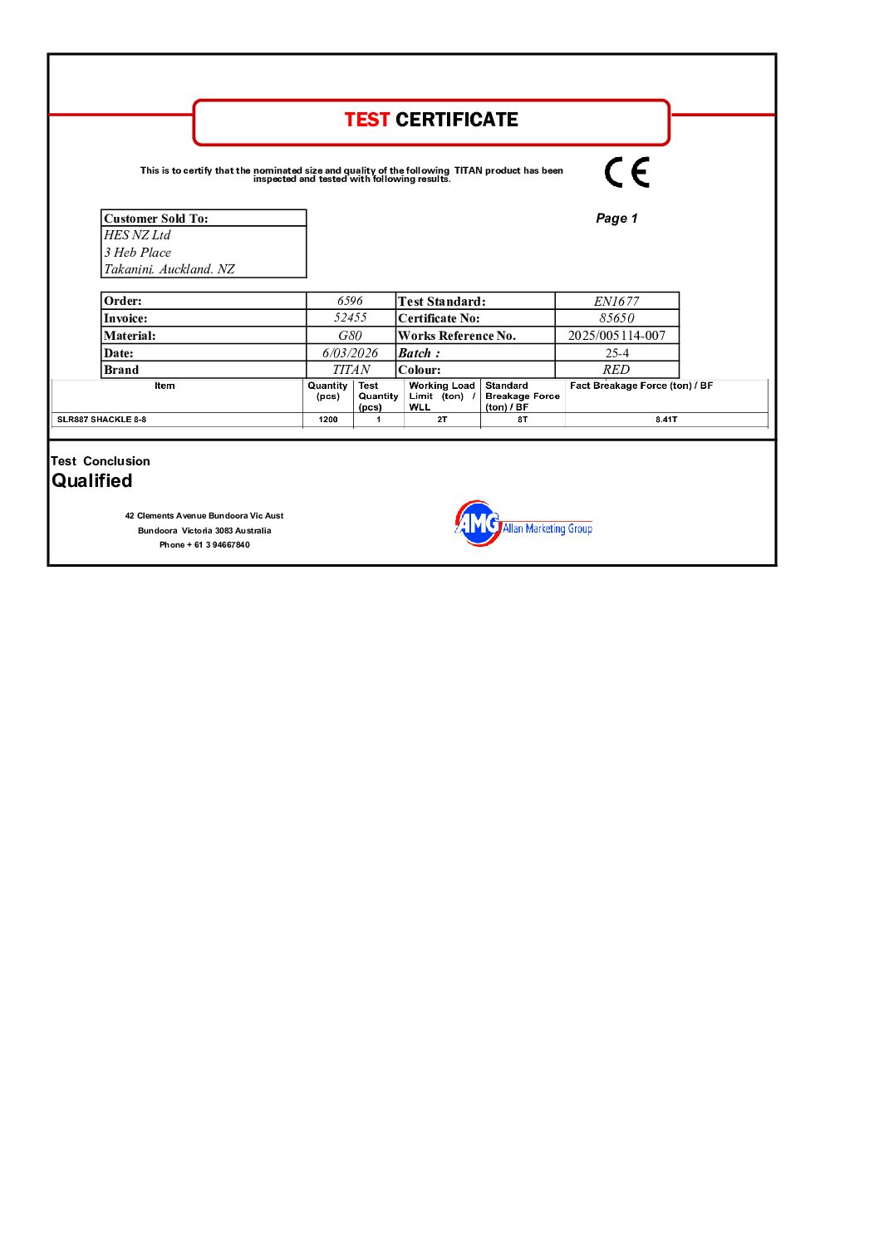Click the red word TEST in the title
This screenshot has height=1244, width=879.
pyautogui.click(x=366, y=120)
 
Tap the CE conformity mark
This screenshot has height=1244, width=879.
pyautogui.click(x=626, y=172)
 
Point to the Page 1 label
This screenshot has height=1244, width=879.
pyautogui.click(x=616, y=218)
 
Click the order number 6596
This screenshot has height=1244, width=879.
pyautogui.click(x=350, y=301)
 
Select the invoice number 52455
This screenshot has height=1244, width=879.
pyautogui.click(x=350, y=317)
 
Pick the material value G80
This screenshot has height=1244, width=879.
pyautogui.click(x=350, y=336)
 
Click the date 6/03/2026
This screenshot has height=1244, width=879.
pyautogui.click(x=350, y=353)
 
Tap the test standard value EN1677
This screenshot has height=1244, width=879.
pyautogui.click(x=616, y=301)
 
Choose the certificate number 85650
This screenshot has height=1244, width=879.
pyautogui.click(x=616, y=318)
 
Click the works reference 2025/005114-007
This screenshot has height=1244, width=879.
pyautogui.click(x=616, y=336)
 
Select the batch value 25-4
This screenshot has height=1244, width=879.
pyautogui.click(x=616, y=353)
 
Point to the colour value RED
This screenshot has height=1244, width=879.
pyautogui.click(x=616, y=370)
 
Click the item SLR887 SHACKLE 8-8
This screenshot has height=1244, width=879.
pyautogui.click(x=101, y=420)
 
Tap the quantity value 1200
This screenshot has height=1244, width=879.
pyautogui.click(x=328, y=420)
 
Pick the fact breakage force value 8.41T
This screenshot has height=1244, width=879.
pyautogui.click(x=666, y=420)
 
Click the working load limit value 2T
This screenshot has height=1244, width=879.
pyautogui.click(x=442, y=420)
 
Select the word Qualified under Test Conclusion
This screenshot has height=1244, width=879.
pyautogui.click(x=92, y=480)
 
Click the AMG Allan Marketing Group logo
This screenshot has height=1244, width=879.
pyautogui.click(x=523, y=524)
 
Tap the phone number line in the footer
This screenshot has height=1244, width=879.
pyautogui.click(x=204, y=545)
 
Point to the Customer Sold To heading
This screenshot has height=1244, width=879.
pyautogui.click(x=156, y=219)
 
